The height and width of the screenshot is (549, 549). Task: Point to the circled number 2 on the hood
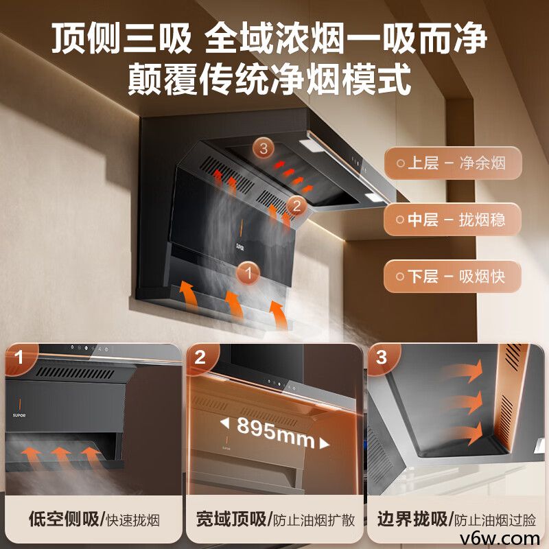click(x=296, y=205)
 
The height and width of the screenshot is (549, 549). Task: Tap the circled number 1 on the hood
click(x=248, y=273)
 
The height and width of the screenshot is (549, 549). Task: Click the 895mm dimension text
click(x=274, y=434)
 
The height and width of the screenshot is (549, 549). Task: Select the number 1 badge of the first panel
click(x=20, y=358)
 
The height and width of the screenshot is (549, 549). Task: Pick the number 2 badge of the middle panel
click(x=200, y=358)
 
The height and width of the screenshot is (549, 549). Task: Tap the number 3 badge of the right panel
click(x=382, y=358)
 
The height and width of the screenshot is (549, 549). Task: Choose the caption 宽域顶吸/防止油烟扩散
click(x=274, y=519)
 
